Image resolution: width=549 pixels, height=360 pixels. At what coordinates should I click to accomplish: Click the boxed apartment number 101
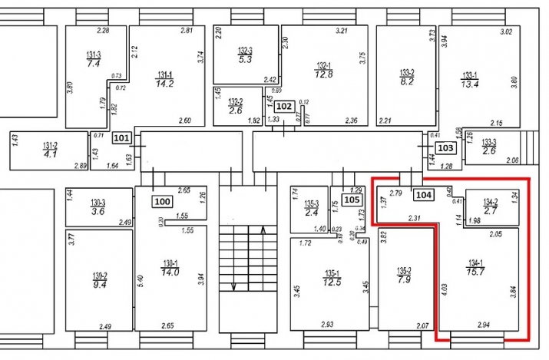[121, 138]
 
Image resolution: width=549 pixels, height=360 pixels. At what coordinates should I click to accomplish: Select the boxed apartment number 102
[284, 107]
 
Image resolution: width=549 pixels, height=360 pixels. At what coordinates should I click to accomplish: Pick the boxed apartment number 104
[424, 195]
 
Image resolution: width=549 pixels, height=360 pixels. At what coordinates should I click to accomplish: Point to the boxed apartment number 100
[162, 202]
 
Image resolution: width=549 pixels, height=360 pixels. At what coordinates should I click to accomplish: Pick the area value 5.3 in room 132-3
[246, 59]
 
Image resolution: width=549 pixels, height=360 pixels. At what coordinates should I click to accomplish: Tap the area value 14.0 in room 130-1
[170, 272]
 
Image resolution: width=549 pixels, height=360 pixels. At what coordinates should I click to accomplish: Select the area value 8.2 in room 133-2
[407, 80]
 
